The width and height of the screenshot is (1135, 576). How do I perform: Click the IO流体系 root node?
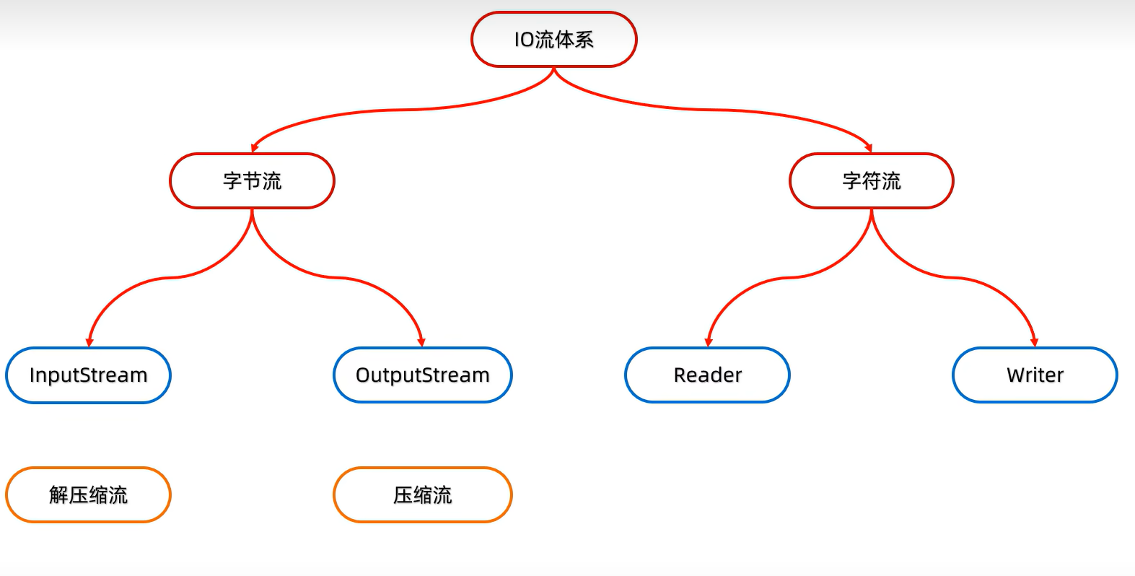click(x=554, y=40)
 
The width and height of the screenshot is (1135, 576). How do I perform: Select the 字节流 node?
click(x=252, y=180)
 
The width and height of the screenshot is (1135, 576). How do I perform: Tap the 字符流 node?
click(x=872, y=180)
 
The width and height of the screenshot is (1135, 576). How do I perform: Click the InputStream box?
click(x=88, y=375)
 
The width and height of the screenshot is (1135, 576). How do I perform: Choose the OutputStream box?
click(x=423, y=375)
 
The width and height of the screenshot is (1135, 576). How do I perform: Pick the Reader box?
click(x=707, y=375)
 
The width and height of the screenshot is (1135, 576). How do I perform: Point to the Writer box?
click(x=1035, y=375)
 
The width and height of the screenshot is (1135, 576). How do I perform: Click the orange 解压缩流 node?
click(x=88, y=495)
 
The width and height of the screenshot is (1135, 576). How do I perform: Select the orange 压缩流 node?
click(x=423, y=495)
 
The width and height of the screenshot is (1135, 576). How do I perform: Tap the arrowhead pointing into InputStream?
click(x=89, y=343)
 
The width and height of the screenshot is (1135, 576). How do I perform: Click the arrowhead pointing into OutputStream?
click(x=421, y=343)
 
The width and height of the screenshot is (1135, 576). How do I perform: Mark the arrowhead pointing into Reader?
click(x=709, y=343)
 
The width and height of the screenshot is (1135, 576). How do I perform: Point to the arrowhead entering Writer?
click(x=1034, y=343)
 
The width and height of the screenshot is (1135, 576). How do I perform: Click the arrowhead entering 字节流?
click(x=254, y=148)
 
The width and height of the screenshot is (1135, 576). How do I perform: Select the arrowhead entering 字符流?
click(x=869, y=148)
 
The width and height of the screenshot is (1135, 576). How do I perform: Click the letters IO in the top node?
click(x=524, y=40)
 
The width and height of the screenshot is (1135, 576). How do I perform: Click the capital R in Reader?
click(x=680, y=375)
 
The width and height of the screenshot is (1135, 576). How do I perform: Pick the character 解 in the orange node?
click(x=58, y=495)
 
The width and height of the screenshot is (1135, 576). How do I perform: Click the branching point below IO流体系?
click(x=554, y=69)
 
